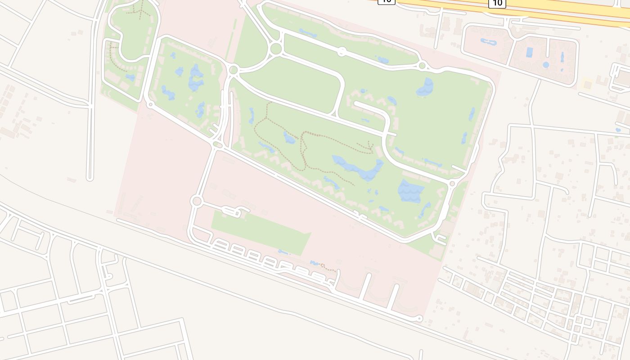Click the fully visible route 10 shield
pyautogui.click(x=497, y=3)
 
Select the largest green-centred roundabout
pyautogui.click(x=276, y=48)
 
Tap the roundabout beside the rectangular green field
pyautogui.click(x=197, y=201)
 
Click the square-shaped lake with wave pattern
pyautogui.click(x=410, y=191)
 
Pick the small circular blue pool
pyautogui.click(x=546, y=65)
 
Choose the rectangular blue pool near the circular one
pyautogui.click(x=529, y=52)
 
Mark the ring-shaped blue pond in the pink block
pyautogui.click(x=489, y=42)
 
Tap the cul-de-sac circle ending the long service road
pyautogui.click(x=419, y=319)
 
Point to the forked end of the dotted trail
pyautogui.click(x=370, y=146)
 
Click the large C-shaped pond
pyautogui.click(x=196, y=77)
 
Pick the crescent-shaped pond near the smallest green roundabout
pyautogui.click(x=424, y=87)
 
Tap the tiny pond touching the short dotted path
pyautogui.click(x=315, y=263)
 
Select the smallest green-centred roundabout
pyautogui.click(x=422, y=66)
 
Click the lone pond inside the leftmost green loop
pyautogui.click(x=130, y=77)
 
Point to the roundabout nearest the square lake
pyautogui.click(x=452, y=184)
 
